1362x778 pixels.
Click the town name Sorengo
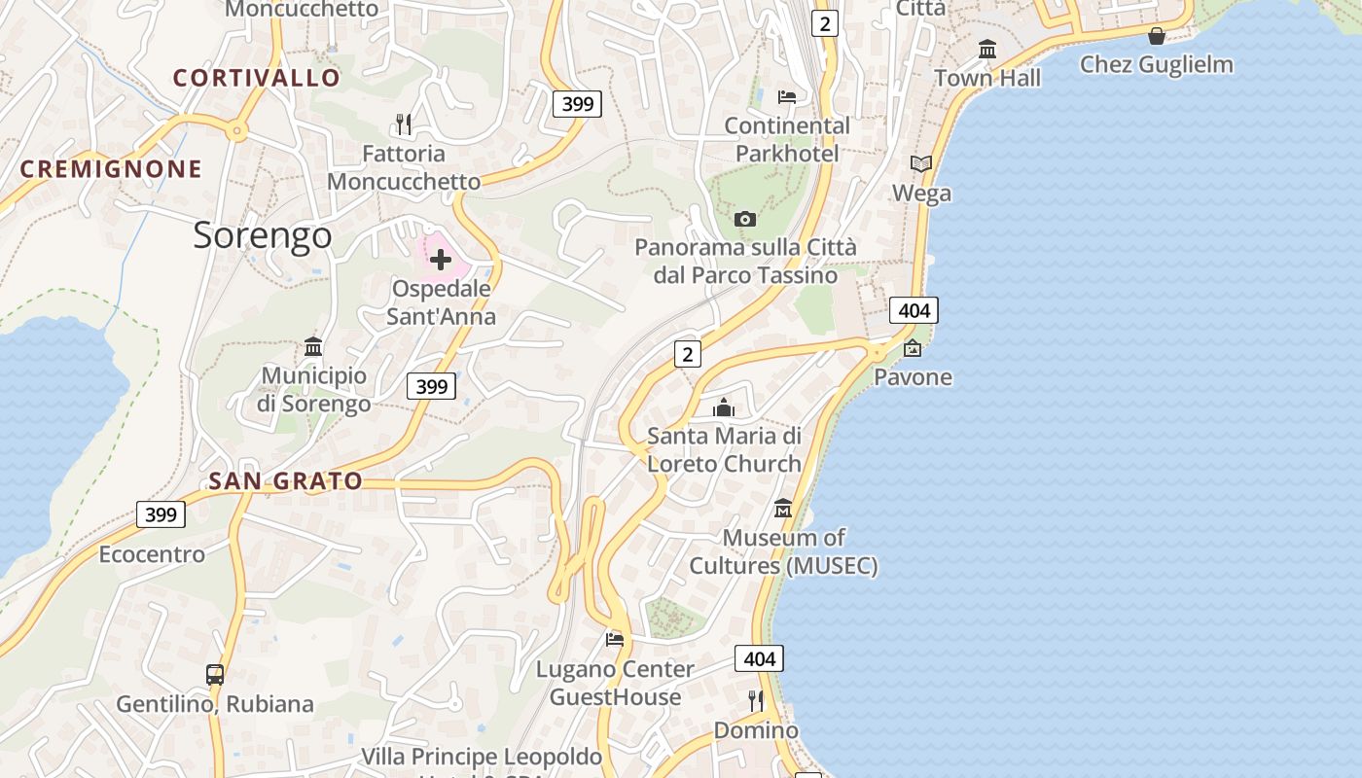pyautogui.click(x=263, y=235)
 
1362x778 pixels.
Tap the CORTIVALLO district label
pyautogui.click(x=257, y=78)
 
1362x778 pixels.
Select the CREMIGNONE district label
pyautogui.click(x=111, y=169)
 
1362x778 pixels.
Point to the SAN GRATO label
pyautogui.click(x=286, y=480)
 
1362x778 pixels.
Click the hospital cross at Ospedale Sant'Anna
pyautogui.click(x=441, y=260)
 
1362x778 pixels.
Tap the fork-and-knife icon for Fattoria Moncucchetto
pyautogui.click(x=404, y=124)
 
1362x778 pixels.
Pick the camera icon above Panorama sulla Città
pyautogui.click(x=745, y=219)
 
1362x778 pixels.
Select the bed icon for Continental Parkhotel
pyautogui.click(x=787, y=96)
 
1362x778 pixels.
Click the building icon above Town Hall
pyautogui.click(x=987, y=49)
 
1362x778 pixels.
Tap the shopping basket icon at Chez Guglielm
pyautogui.click(x=1157, y=36)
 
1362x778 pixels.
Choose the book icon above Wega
pyautogui.click(x=921, y=163)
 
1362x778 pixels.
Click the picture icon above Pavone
pyautogui.click(x=913, y=347)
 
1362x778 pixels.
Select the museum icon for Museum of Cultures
pyautogui.click(x=783, y=508)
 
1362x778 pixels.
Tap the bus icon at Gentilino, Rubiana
pyautogui.click(x=215, y=674)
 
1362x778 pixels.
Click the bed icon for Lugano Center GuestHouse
pyautogui.click(x=615, y=639)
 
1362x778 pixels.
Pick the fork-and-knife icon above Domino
pyautogui.click(x=756, y=700)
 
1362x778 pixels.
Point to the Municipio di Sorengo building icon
pyautogui.click(x=313, y=346)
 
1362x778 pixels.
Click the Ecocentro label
pyautogui.click(x=152, y=554)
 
